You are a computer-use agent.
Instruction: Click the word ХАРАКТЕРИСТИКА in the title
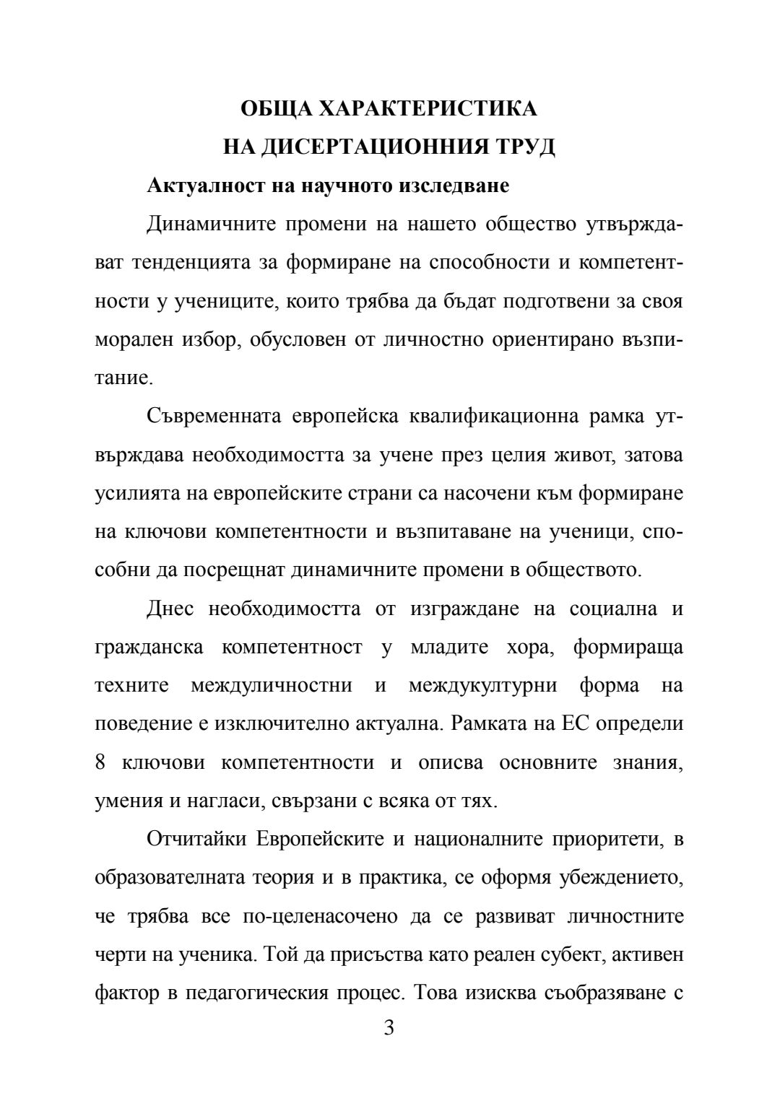428,109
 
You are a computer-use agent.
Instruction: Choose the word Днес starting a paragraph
170,609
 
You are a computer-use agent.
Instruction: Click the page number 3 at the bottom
389,1028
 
